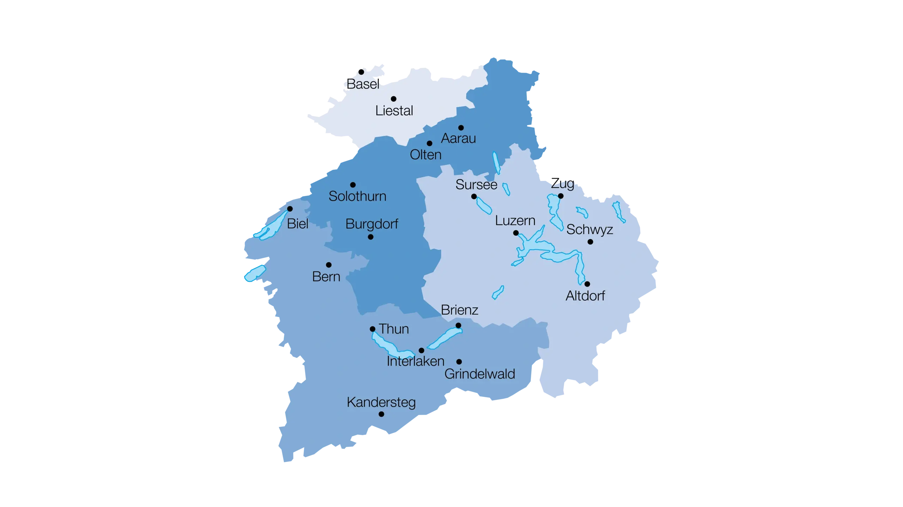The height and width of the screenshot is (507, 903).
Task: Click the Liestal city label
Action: (394, 111)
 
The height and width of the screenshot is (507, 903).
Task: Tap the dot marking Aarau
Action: (461, 128)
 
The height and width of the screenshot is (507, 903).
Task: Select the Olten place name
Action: (425, 155)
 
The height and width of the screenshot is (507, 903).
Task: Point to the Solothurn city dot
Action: (353, 185)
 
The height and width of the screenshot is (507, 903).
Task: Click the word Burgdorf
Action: (372, 224)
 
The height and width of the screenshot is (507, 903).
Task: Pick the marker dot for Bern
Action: (329, 265)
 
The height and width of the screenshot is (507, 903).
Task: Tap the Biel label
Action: (298, 224)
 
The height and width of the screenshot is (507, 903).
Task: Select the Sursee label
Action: (476, 185)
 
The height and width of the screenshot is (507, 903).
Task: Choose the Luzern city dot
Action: (516, 233)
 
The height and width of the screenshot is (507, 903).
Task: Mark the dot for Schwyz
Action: (590, 242)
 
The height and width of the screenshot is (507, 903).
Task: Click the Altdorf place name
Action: (585, 296)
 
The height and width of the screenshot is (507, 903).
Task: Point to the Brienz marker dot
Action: (458, 325)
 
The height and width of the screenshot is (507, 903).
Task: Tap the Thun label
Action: (394, 329)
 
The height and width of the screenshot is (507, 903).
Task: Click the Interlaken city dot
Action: (421, 350)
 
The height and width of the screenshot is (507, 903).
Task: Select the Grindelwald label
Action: (480, 374)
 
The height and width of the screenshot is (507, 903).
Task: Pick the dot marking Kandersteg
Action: (381, 414)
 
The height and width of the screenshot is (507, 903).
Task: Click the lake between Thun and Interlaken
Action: (390, 347)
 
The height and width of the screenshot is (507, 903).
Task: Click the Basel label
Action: (363, 84)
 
